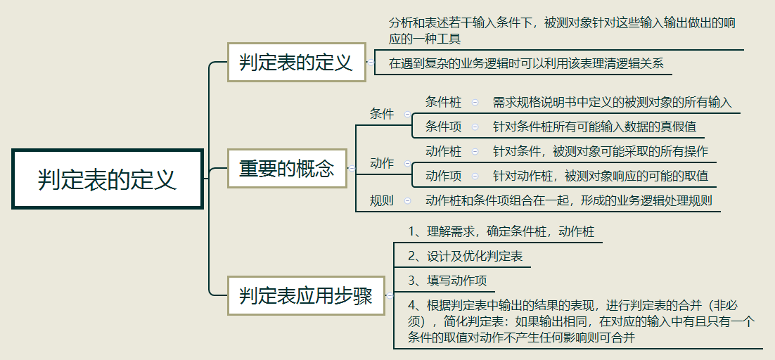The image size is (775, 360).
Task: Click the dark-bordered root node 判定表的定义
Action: pyautogui.click(x=107, y=179)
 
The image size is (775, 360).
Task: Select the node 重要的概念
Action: pyautogui.click(x=287, y=169)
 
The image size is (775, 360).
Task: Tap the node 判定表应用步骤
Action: pyautogui.click(x=306, y=295)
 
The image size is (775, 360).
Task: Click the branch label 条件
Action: pyautogui.click(x=382, y=114)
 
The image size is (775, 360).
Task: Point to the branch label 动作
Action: pyautogui.click(x=382, y=163)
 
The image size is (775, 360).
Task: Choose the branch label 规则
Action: pyautogui.click(x=382, y=200)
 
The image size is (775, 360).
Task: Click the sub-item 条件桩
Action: pyautogui.click(x=443, y=102)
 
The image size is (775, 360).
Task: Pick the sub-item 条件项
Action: pyautogui.click(x=443, y=127)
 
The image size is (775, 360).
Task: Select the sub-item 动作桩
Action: pyautogui.click(x=443, y=151)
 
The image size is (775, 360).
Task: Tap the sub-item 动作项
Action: pyautogui.click(x=443, y=176)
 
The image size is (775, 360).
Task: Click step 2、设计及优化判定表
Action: pyautogui.click(x=466, y=257)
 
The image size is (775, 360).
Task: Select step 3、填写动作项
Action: pyautogui.click(x=447, y=281)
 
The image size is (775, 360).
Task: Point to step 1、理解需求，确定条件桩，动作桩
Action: pyautogui.click(x=501, y=231)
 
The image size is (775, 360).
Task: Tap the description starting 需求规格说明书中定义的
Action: pyautogui.click(x=612, y=102)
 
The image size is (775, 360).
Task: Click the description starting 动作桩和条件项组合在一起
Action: pyautogui.click(x=568, y=200)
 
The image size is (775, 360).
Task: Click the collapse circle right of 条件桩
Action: pyautogui.click(x=475, y=103)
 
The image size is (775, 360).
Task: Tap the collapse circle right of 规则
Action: pyautogui.click(x=407, y=201)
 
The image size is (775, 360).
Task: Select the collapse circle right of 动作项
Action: pyautogui.click(x=475, y=176)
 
